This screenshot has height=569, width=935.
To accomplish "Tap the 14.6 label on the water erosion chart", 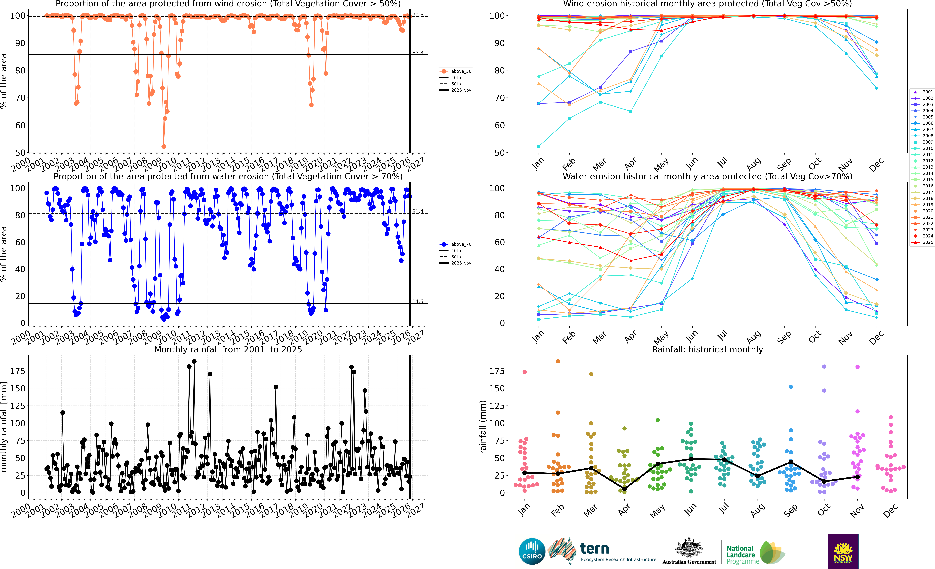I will (418, 301).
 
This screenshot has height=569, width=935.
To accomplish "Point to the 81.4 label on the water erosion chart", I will (418, 211).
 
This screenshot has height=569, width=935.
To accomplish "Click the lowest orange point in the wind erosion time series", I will (164, 146).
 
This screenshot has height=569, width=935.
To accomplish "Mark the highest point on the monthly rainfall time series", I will (194, 362).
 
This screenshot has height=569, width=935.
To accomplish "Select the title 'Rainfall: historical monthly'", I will (707, 349).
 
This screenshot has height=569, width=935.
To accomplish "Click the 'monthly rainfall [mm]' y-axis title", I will (4, 427).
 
